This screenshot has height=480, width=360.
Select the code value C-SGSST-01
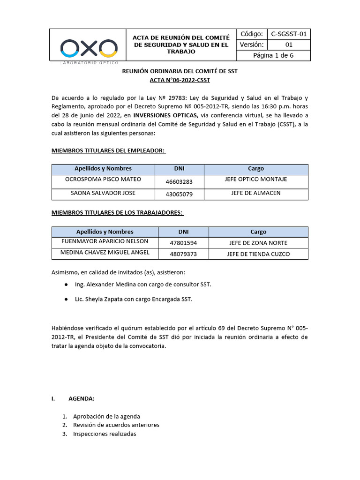(289, 34)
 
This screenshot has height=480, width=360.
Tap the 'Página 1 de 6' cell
(274, 56)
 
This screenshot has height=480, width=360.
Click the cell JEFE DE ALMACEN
(256, 193)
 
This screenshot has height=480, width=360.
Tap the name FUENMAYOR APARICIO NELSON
(105, 241)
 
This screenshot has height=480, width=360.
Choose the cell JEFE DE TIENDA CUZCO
(258, 254)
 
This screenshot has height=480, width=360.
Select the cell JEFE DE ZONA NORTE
(258, 243)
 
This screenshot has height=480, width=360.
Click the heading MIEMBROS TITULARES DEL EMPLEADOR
(108, 150)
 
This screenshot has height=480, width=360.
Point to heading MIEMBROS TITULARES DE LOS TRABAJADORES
(117, 213)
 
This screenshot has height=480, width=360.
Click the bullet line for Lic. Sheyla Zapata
(134, 299)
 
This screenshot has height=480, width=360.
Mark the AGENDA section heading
(81, 398)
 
